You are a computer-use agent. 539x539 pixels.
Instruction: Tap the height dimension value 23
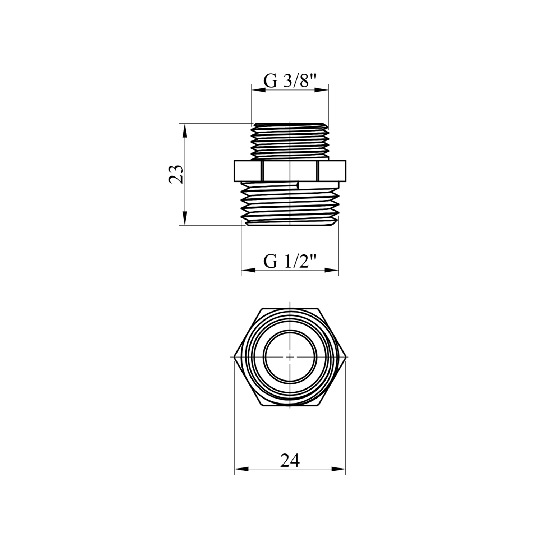point(176,175)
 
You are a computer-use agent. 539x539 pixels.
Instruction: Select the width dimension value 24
point(290,460)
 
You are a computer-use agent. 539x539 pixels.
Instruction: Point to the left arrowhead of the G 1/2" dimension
point(248,270)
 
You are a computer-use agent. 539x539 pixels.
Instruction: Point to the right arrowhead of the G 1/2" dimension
point(332,270)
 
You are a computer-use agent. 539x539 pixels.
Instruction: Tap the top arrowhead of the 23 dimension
point(185,131)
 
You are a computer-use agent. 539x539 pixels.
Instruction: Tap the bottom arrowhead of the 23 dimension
point(185,218)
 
